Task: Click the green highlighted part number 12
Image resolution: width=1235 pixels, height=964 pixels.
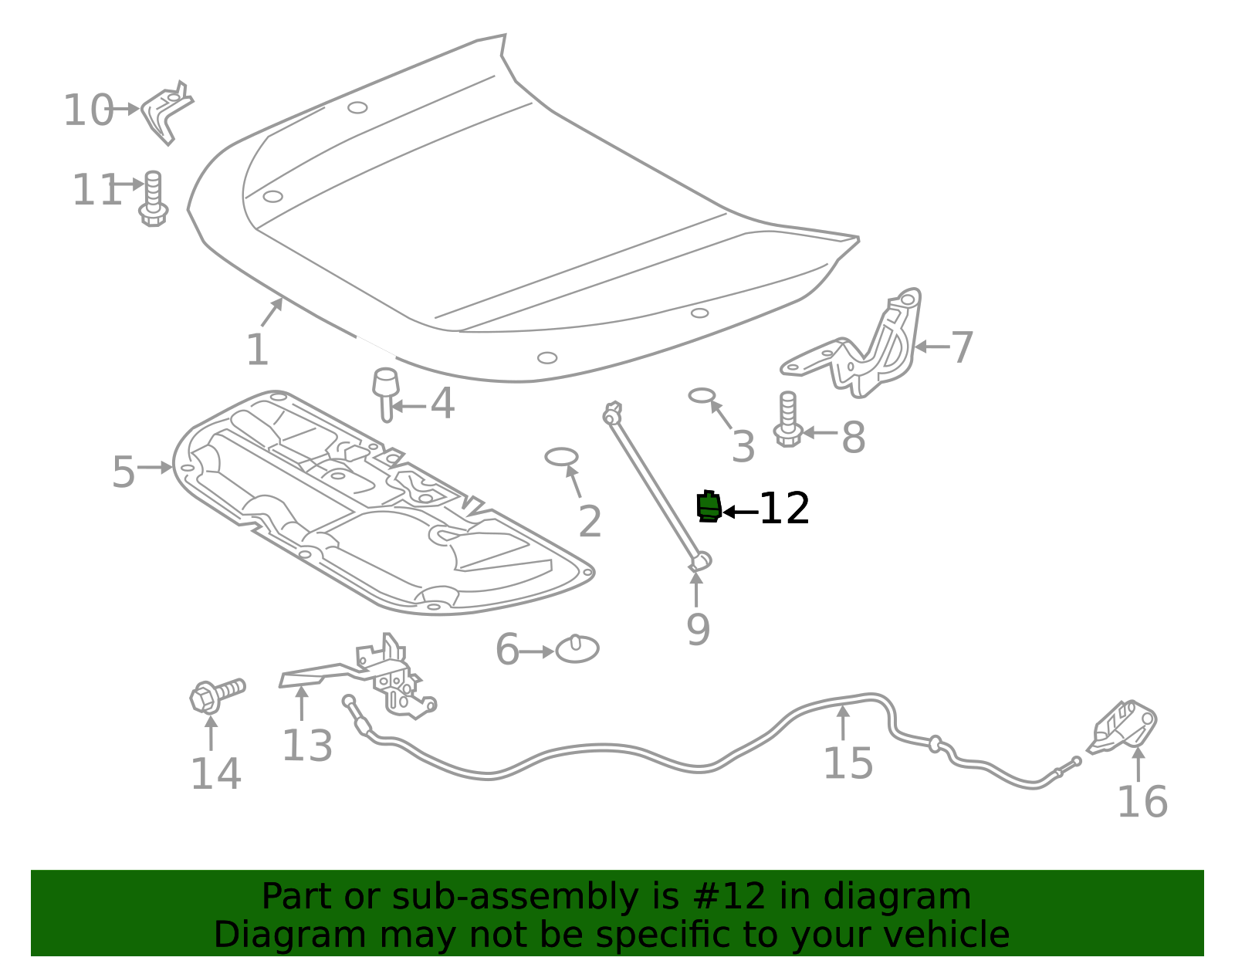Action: click(x=709, y=507)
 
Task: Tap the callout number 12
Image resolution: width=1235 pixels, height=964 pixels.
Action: click(x=784, y=509)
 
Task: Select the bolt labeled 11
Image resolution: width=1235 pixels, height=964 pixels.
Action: click(x=153, y=199)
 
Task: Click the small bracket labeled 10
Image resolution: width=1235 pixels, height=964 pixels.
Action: click(x=165, y=112)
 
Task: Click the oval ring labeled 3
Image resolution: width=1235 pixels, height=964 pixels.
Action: click(x=702, y=396)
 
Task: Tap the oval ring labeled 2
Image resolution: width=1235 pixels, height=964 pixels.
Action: click(x=561, y=457)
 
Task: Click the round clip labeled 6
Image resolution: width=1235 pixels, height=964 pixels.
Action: click(x=577, y=649)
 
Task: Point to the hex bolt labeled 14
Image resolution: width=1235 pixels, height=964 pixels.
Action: click(x=215, y=695)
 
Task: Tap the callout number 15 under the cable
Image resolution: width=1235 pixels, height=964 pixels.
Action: click(x=848, y=764)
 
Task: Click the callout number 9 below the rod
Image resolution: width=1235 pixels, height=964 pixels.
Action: click(x=698, y=630)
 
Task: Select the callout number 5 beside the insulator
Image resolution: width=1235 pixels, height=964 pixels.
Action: click(x=123, y=472)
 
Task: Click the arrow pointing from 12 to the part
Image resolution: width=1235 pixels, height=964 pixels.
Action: click(x=739, y=512)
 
